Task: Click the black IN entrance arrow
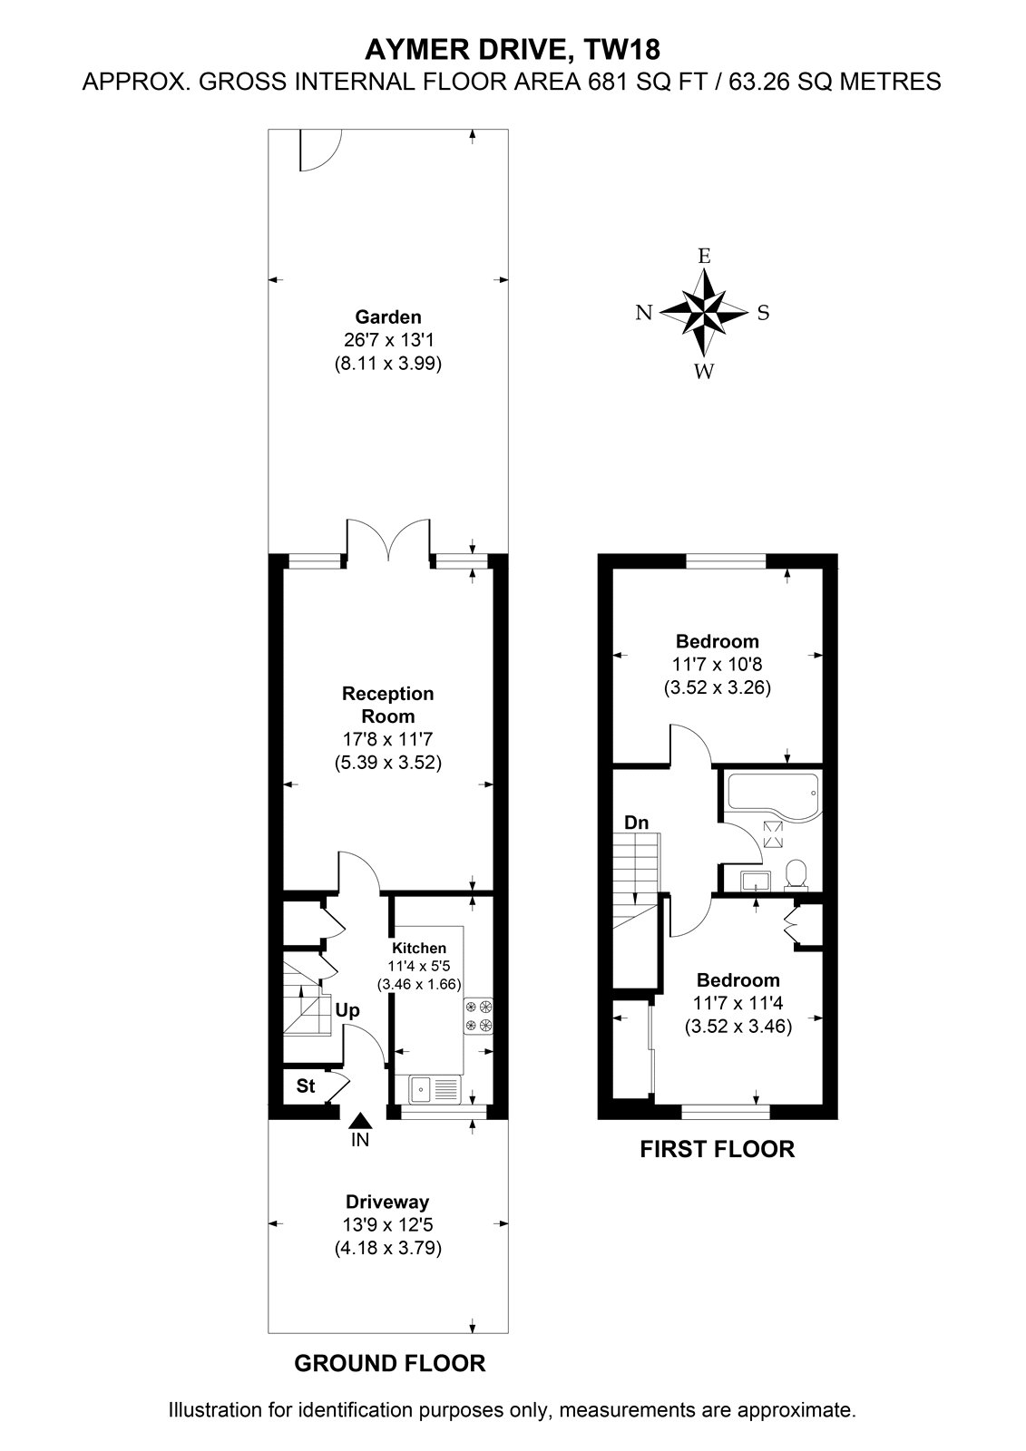[361, 1121]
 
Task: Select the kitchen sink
[435, 1088]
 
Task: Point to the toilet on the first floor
[796, 874]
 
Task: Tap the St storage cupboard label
[306, 1085]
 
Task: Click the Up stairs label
[347, 1010]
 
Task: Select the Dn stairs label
[636, 823]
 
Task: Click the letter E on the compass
[705, 256]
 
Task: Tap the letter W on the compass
[704, 371]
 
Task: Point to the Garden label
[388, 316]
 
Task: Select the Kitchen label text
[419, 948]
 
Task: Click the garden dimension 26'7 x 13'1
[388, 340]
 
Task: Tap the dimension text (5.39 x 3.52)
[388, 763]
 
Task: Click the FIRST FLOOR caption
[717, 1149]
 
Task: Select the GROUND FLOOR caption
[389, 1364]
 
